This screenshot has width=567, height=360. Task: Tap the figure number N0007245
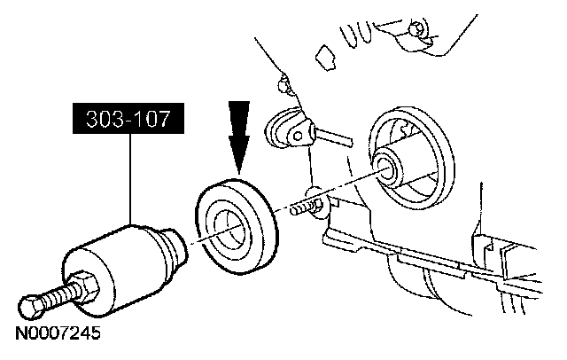[56, 335]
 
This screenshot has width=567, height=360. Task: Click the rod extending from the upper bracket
[332, 137]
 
